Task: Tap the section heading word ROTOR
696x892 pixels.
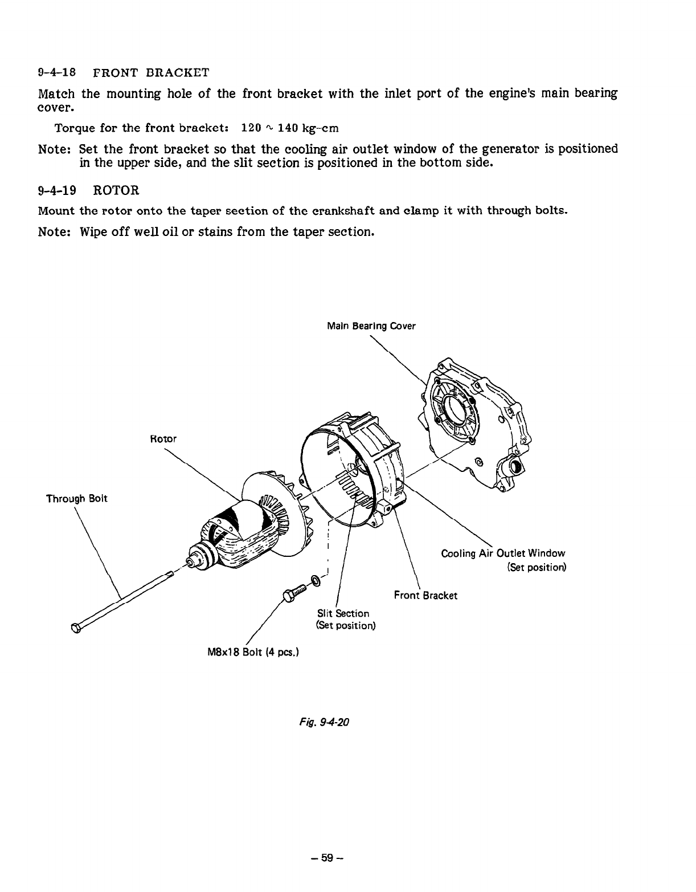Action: tap(116, 190)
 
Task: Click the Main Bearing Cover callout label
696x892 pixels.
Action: tap(371, 327)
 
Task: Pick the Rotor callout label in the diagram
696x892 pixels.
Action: tap(163, 439)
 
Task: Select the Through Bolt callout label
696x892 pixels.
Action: tap(76, 499)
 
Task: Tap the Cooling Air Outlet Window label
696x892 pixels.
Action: tap(503, 553)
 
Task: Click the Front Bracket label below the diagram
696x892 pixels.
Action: tap(425, 596)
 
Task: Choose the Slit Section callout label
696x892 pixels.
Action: tap(343, 614)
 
